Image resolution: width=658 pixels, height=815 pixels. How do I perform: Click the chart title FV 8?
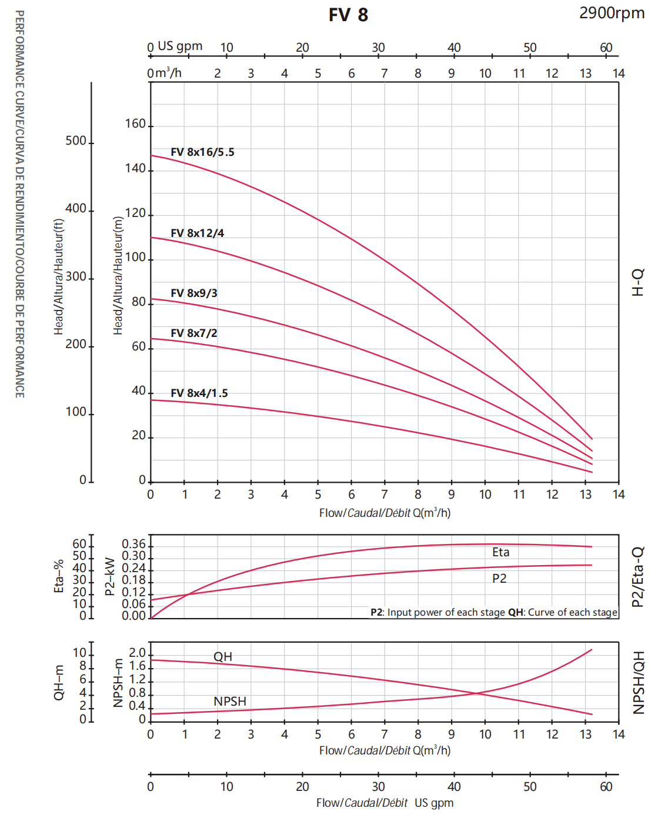(348, 15)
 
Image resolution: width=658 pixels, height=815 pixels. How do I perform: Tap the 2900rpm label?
(612, 13)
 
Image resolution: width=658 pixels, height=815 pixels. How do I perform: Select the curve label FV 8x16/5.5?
(202, 152)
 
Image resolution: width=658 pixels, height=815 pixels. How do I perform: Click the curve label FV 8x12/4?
(197, 233)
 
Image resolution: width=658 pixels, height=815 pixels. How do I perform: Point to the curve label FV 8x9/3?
(193, 293)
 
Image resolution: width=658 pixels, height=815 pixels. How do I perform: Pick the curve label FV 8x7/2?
(193, 333)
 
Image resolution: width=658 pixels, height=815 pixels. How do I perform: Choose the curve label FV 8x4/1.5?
(199, 393)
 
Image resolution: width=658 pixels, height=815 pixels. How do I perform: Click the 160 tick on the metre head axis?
(135, 124)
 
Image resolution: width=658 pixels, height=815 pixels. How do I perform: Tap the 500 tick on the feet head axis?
(76, 141)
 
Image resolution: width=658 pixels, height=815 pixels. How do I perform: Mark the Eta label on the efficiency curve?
(501, 552)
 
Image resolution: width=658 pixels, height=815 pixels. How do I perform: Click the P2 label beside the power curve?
(499, 579)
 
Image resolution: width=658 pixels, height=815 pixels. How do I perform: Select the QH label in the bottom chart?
(223, 657)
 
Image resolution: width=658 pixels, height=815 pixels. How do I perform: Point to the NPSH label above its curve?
(230, 702)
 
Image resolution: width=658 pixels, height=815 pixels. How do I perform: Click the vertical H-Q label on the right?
(638, 282)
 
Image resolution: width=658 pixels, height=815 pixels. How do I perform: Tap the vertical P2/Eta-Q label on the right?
(638, 577)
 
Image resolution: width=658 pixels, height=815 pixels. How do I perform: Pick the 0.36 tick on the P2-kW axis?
(133, 545)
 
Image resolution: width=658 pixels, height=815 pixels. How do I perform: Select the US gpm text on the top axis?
(180, 46)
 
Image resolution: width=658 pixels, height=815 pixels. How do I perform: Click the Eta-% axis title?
(59, 576)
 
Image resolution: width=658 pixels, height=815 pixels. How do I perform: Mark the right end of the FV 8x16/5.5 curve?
(592, 439)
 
